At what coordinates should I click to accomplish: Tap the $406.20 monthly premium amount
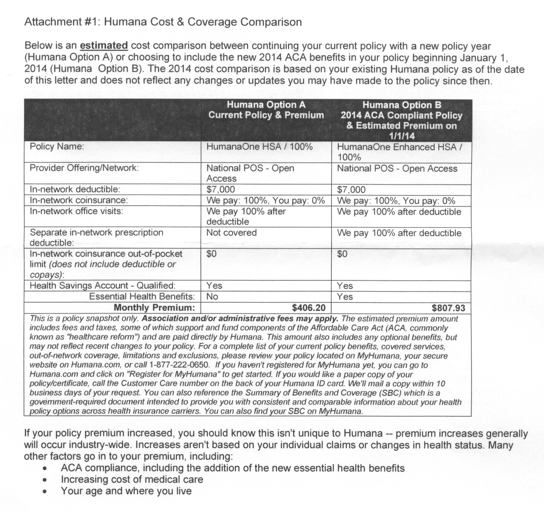309,308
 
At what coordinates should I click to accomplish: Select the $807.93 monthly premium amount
448,308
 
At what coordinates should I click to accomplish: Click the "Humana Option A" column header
266,105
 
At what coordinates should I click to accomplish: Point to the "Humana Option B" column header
401,105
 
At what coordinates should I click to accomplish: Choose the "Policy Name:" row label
57,147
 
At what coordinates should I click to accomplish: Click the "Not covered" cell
231,233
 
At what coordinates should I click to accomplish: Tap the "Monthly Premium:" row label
154,307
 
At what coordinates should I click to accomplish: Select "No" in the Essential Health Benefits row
212,297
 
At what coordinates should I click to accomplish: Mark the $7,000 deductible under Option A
220,189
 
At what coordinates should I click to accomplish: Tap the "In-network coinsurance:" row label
79,200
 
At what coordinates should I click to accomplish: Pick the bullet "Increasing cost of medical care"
132,479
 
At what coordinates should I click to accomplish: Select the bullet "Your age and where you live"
126,491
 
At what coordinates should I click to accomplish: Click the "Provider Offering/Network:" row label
84,168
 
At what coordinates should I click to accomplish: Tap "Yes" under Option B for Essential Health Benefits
344,297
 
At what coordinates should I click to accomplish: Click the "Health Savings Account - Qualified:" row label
102,286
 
